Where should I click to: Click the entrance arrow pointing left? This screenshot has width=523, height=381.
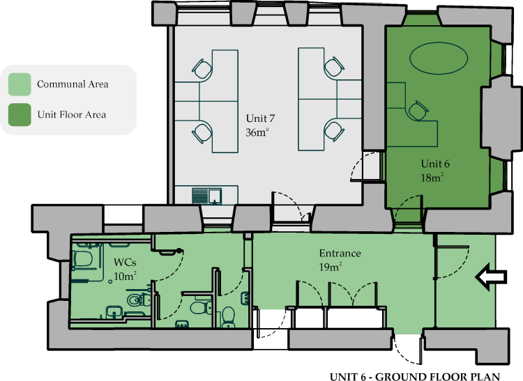(491, 277)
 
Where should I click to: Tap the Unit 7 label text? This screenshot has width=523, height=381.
(260, 118)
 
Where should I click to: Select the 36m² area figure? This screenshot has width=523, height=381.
(257, 132)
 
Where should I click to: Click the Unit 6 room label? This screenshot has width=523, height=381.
(435, 164)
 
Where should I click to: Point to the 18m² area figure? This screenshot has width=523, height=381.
(432, 178)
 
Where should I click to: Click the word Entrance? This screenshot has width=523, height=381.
(340, 254)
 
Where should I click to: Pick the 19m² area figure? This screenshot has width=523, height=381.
(331, 267)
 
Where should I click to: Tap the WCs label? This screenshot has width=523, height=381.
(125, 263)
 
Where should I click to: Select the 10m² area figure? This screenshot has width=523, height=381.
(125, 276)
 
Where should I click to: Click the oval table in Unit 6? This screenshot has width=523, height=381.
(439, 59)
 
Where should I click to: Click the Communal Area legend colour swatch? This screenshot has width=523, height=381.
(20, 84)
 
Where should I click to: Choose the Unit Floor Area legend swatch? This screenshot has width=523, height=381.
(20, 115)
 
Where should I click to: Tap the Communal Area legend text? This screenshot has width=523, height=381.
(73, 84)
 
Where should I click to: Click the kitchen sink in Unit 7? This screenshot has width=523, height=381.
(215, 196)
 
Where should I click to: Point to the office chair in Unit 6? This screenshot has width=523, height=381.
(417, 110)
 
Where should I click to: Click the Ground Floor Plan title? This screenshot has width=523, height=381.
(415, 377)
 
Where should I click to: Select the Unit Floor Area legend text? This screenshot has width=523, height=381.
(72, 115)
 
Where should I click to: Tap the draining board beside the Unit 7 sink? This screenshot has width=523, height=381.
(200, 196)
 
